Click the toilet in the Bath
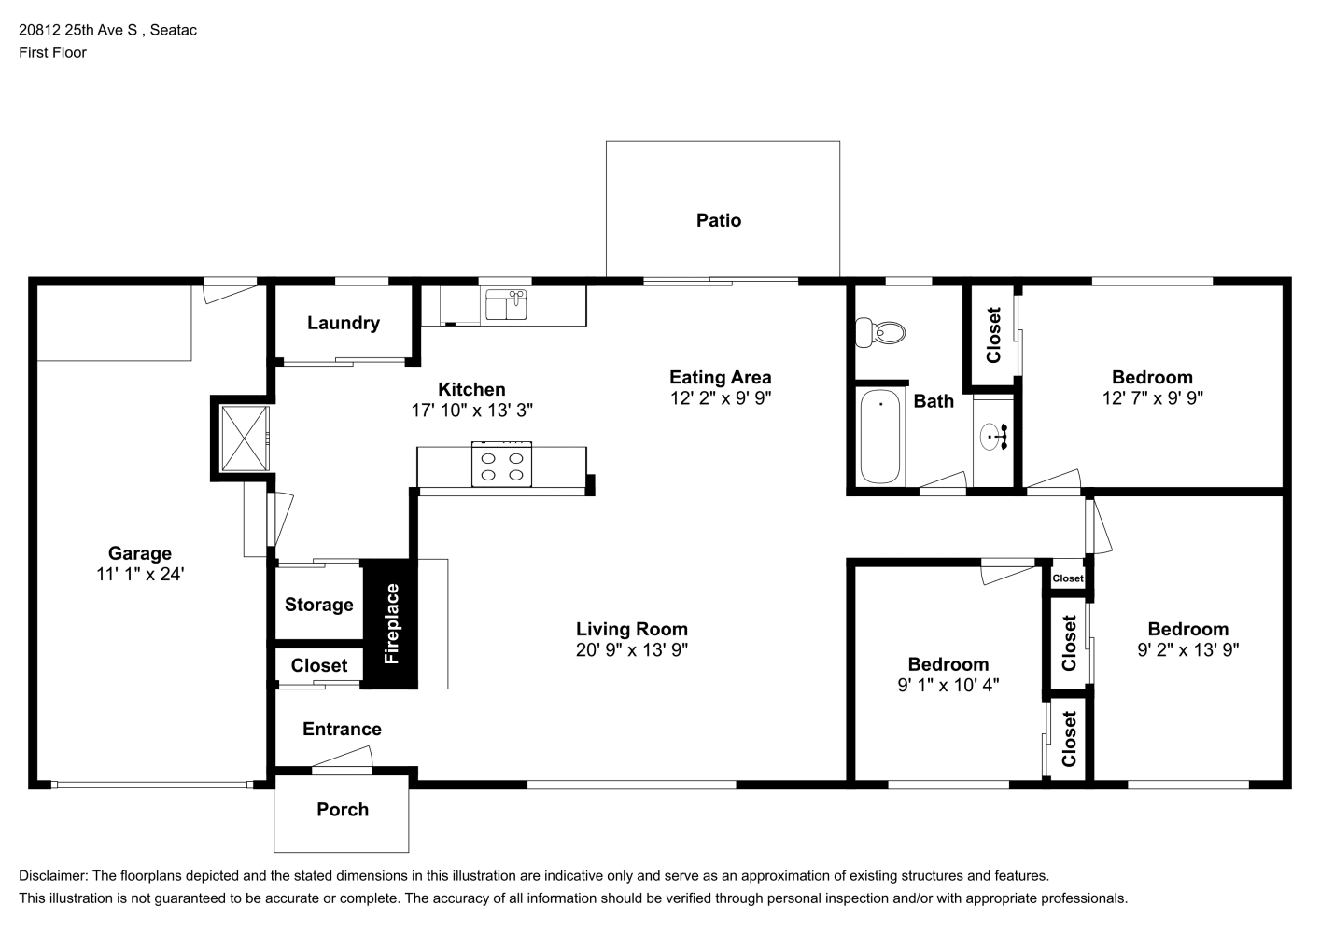coord(879,333)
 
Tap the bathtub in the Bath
coord(879,437)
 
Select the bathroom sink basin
coord(990,437)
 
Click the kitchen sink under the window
coord(506,304)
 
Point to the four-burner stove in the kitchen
coord(501,465)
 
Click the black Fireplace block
coord(390,624)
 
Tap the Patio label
coord(718,220)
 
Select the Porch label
coord(343,809)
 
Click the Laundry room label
coord(344,323)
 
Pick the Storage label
coord(319,605)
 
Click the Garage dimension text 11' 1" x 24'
coord(140,574)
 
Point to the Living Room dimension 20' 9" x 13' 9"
coord(632,649)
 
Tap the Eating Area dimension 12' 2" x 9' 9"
coord(720,397)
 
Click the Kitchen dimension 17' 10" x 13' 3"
coord(471,410)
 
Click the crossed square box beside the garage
coord(245,439)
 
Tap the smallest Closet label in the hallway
coord(1068,578)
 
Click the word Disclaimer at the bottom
coord(52,876)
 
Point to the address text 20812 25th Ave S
coord(77,30)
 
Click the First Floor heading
coord(52,52)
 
